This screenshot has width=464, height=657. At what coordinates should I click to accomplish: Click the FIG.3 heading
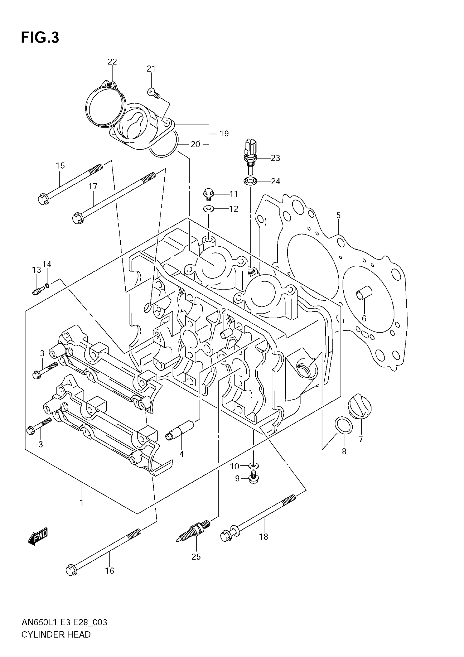(40, 37)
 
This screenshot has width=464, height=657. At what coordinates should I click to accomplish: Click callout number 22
(112, 61)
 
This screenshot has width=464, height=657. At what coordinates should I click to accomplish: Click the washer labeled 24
(250, 181)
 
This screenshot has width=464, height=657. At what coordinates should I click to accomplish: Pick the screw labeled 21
(153, 93)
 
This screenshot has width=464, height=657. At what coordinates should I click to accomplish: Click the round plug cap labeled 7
(359, 405)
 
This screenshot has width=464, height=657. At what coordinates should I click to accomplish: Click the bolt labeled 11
(208, 193)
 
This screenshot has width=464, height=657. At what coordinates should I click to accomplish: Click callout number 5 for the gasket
(338, 215)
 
